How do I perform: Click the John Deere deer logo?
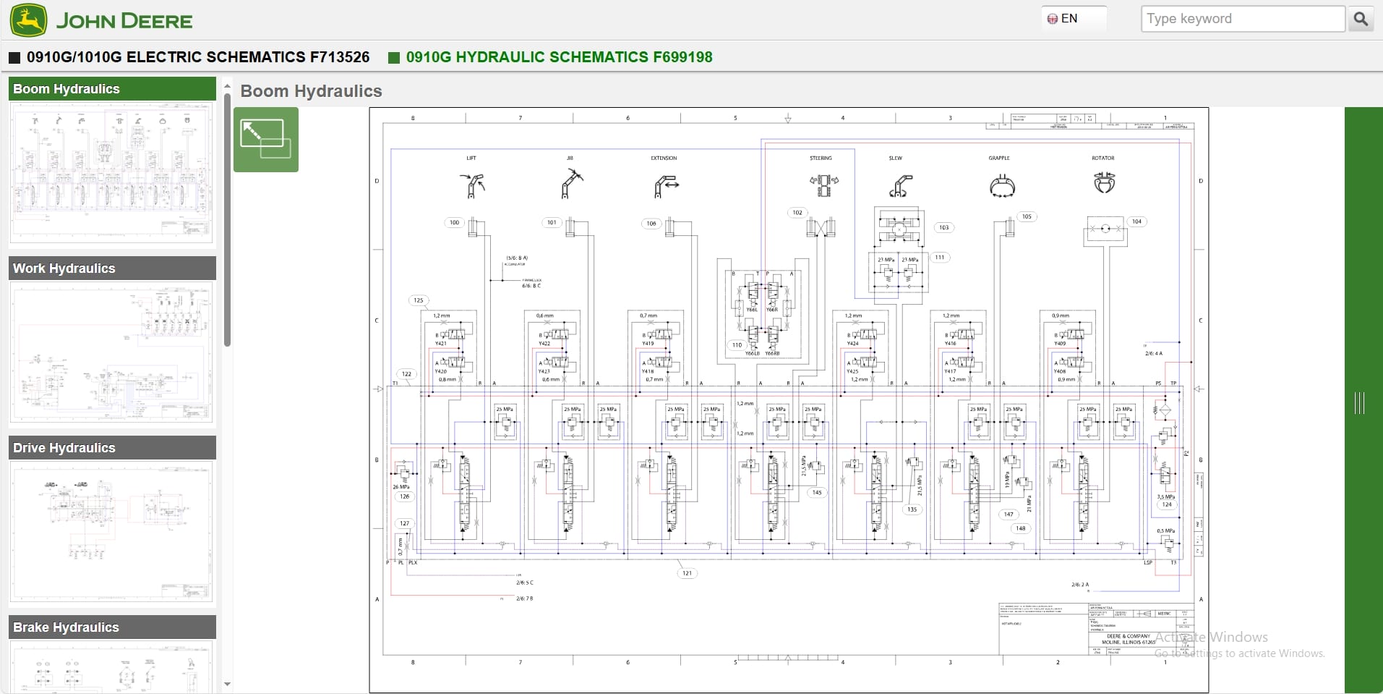coord(29,20)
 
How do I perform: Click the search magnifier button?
coord(1360,19)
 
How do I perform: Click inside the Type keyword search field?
coord(1241,19)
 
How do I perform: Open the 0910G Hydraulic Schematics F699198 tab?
coord(558,57)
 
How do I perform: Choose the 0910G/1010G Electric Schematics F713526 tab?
coord(197,57)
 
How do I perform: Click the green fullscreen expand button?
coord(265,139)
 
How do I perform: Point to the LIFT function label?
coord(471,158)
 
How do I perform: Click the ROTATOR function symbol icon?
coord(1104,182)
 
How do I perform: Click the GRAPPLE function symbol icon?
coord(1001,185)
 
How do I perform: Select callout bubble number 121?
coord(687,573)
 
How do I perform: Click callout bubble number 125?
coord(418,300)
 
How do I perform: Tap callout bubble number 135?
coord(912,509)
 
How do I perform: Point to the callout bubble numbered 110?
coord(737,345)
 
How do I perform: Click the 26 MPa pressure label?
coord(401,487)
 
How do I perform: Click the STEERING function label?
coord(821,158)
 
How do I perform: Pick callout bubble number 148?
coord(1020,528)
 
